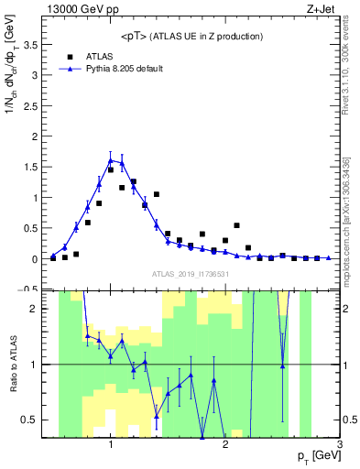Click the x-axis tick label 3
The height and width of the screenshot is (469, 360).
click(x=339, y=444)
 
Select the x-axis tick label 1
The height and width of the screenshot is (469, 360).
click(x=110, y=444)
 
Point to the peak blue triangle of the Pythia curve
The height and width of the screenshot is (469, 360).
click(x=111, y=160)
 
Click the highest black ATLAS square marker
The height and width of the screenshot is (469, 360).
click(x=134, y=181)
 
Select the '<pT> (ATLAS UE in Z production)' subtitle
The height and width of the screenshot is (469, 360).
click(x=191, y=36)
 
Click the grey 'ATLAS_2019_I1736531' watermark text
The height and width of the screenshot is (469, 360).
click(x=191, y=274)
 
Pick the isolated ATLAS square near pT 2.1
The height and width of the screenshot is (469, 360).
click(x=236, y=225)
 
